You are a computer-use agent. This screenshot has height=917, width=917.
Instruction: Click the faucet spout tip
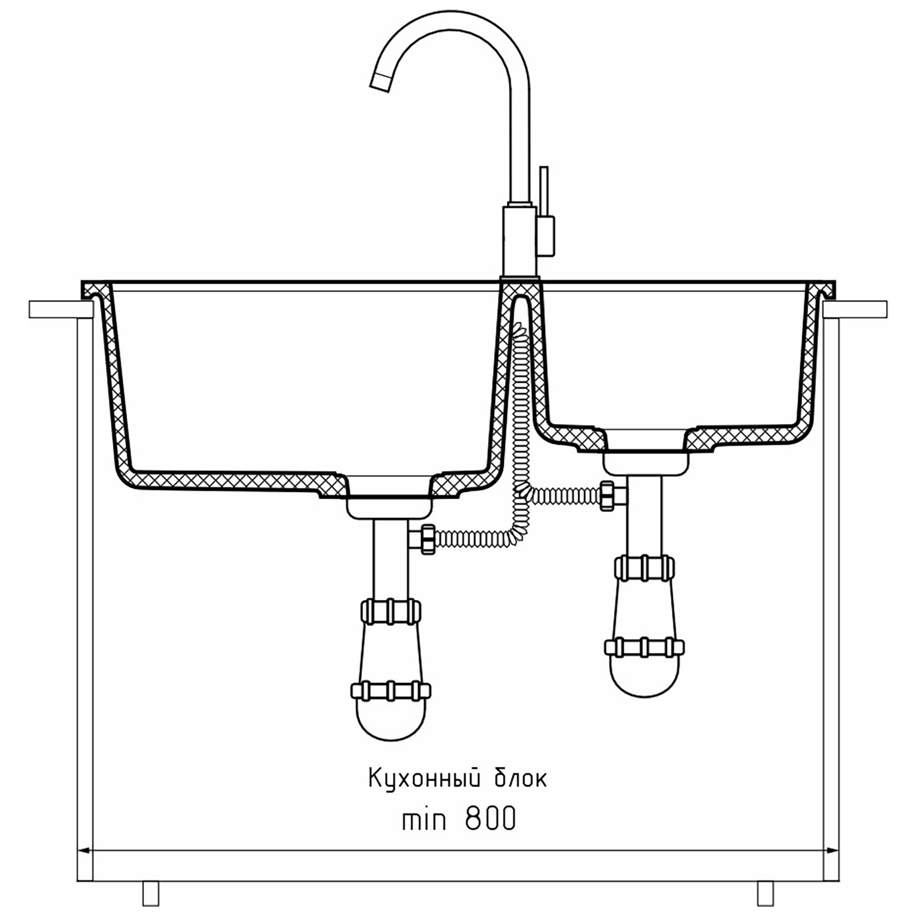pos(381,83)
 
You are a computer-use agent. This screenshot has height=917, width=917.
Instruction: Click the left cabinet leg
pos(151,893)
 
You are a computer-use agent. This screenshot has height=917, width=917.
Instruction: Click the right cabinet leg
pos(765,893)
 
